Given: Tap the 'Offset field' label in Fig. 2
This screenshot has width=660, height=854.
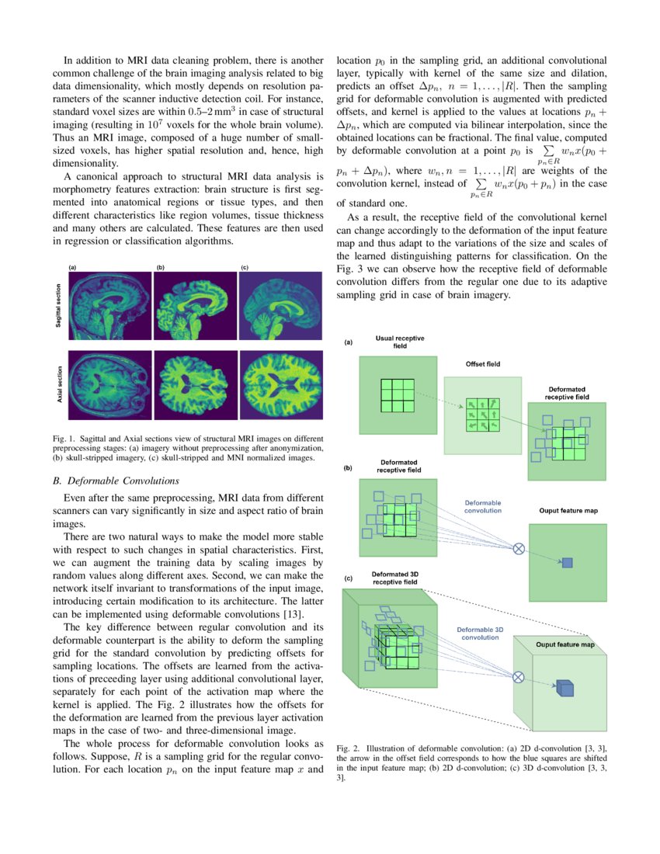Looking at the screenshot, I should pyautogui.click(x=482, y=364).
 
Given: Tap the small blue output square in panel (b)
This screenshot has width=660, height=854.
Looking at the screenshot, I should pyautogui.click(x=567, y=562).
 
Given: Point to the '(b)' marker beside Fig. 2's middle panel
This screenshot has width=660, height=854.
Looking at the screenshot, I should pyautogui.click(x=349, y=468).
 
